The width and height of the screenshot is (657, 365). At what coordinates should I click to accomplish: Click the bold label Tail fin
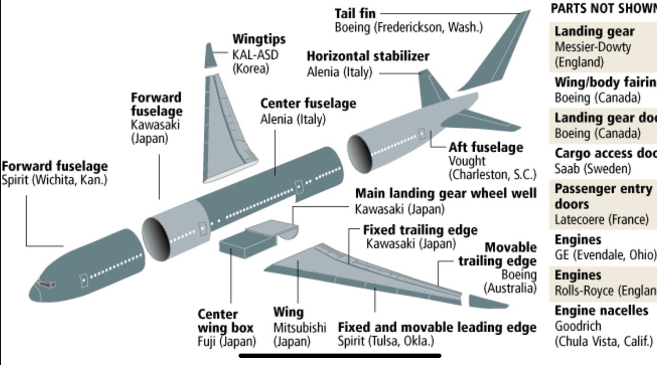[355, 13]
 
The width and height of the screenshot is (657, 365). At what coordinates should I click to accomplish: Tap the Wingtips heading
[259, 39]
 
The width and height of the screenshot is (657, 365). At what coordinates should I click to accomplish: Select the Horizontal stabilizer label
[368, 56]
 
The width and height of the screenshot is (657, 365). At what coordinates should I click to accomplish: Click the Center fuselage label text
[308, 104]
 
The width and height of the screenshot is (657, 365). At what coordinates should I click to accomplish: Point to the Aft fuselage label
[486, 148]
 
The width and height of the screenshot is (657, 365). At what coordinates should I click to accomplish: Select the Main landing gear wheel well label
[446, 194]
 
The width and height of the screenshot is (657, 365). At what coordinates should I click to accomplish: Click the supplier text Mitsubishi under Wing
[299, 328]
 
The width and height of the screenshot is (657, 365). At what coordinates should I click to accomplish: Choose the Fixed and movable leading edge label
[437, 328]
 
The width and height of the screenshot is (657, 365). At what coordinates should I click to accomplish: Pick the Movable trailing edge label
[497, 254]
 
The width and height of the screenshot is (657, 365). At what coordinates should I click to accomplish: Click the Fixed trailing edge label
[420, 230]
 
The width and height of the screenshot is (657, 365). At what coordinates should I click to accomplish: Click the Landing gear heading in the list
[594, 32]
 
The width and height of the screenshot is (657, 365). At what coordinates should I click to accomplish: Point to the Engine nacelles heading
[601, 311]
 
